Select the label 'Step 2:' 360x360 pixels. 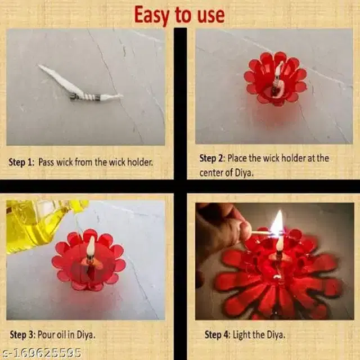[x=212, y=159]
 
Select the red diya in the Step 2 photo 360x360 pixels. [x=275, y=79]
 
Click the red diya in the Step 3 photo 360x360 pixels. [x=88, y=259]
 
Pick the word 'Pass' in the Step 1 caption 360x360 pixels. [x=47, y=162]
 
